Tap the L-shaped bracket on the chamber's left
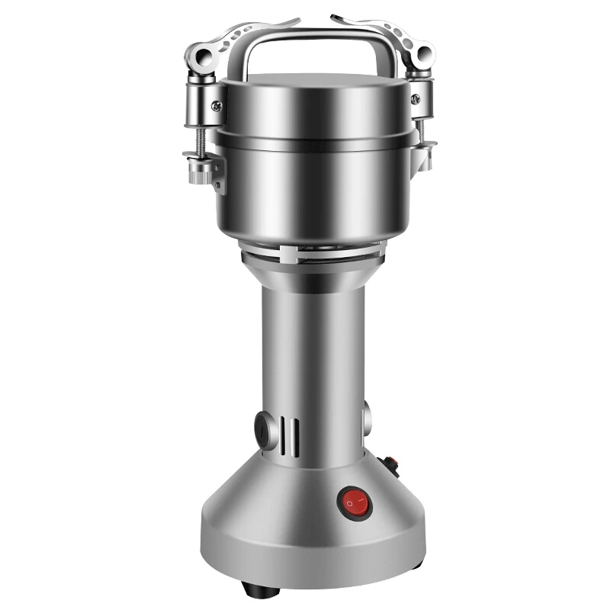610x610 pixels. click(x=218, y=175)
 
